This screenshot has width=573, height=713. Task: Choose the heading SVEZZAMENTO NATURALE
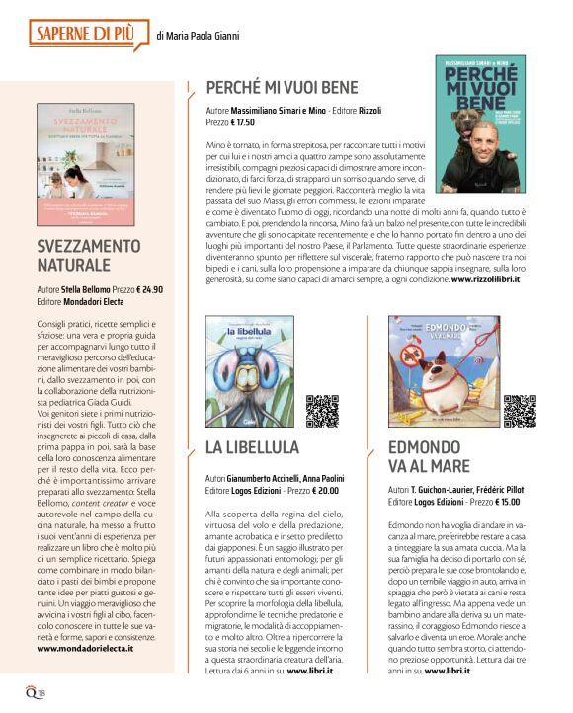[89, 255]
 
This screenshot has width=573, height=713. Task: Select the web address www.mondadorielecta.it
[85, 648]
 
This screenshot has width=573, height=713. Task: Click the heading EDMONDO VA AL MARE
[429, 457]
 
